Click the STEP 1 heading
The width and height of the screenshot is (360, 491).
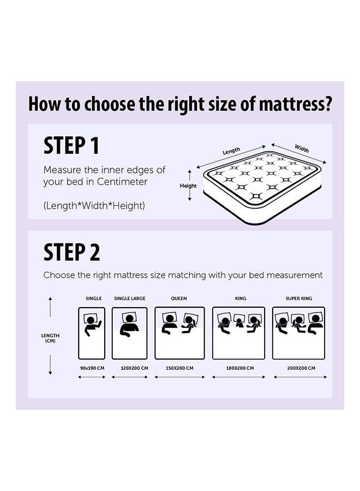point(71,145)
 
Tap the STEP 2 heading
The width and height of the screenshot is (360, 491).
point(71,252)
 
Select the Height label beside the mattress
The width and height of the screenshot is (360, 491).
point(188,185)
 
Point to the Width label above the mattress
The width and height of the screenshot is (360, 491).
point(302,148)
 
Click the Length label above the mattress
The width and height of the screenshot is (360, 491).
point(231,151)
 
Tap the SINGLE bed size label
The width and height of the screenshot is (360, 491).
point(94,298)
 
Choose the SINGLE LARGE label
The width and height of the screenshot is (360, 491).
point(130,298)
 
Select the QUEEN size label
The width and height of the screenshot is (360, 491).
point(179,298)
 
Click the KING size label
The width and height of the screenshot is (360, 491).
point(241,298)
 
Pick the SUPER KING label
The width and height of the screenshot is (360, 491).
point(299,298)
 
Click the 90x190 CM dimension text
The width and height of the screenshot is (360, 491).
point(92,368)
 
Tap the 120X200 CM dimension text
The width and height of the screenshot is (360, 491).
point(134,368)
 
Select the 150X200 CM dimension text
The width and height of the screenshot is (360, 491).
point(179,368)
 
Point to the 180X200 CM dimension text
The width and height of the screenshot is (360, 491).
point(240,368)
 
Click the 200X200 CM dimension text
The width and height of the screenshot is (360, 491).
point(301,368)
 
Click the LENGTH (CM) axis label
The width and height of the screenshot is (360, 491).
point(50,338)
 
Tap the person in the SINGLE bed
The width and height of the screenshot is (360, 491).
point(92,326)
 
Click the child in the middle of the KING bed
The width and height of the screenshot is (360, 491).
point(239,322)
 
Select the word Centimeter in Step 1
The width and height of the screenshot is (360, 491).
point(122,182)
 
